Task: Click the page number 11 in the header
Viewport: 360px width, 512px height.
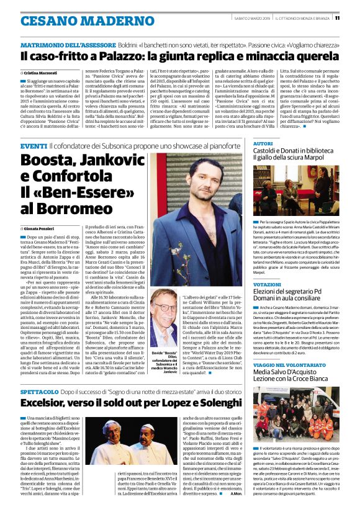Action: (x=354, y=17)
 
